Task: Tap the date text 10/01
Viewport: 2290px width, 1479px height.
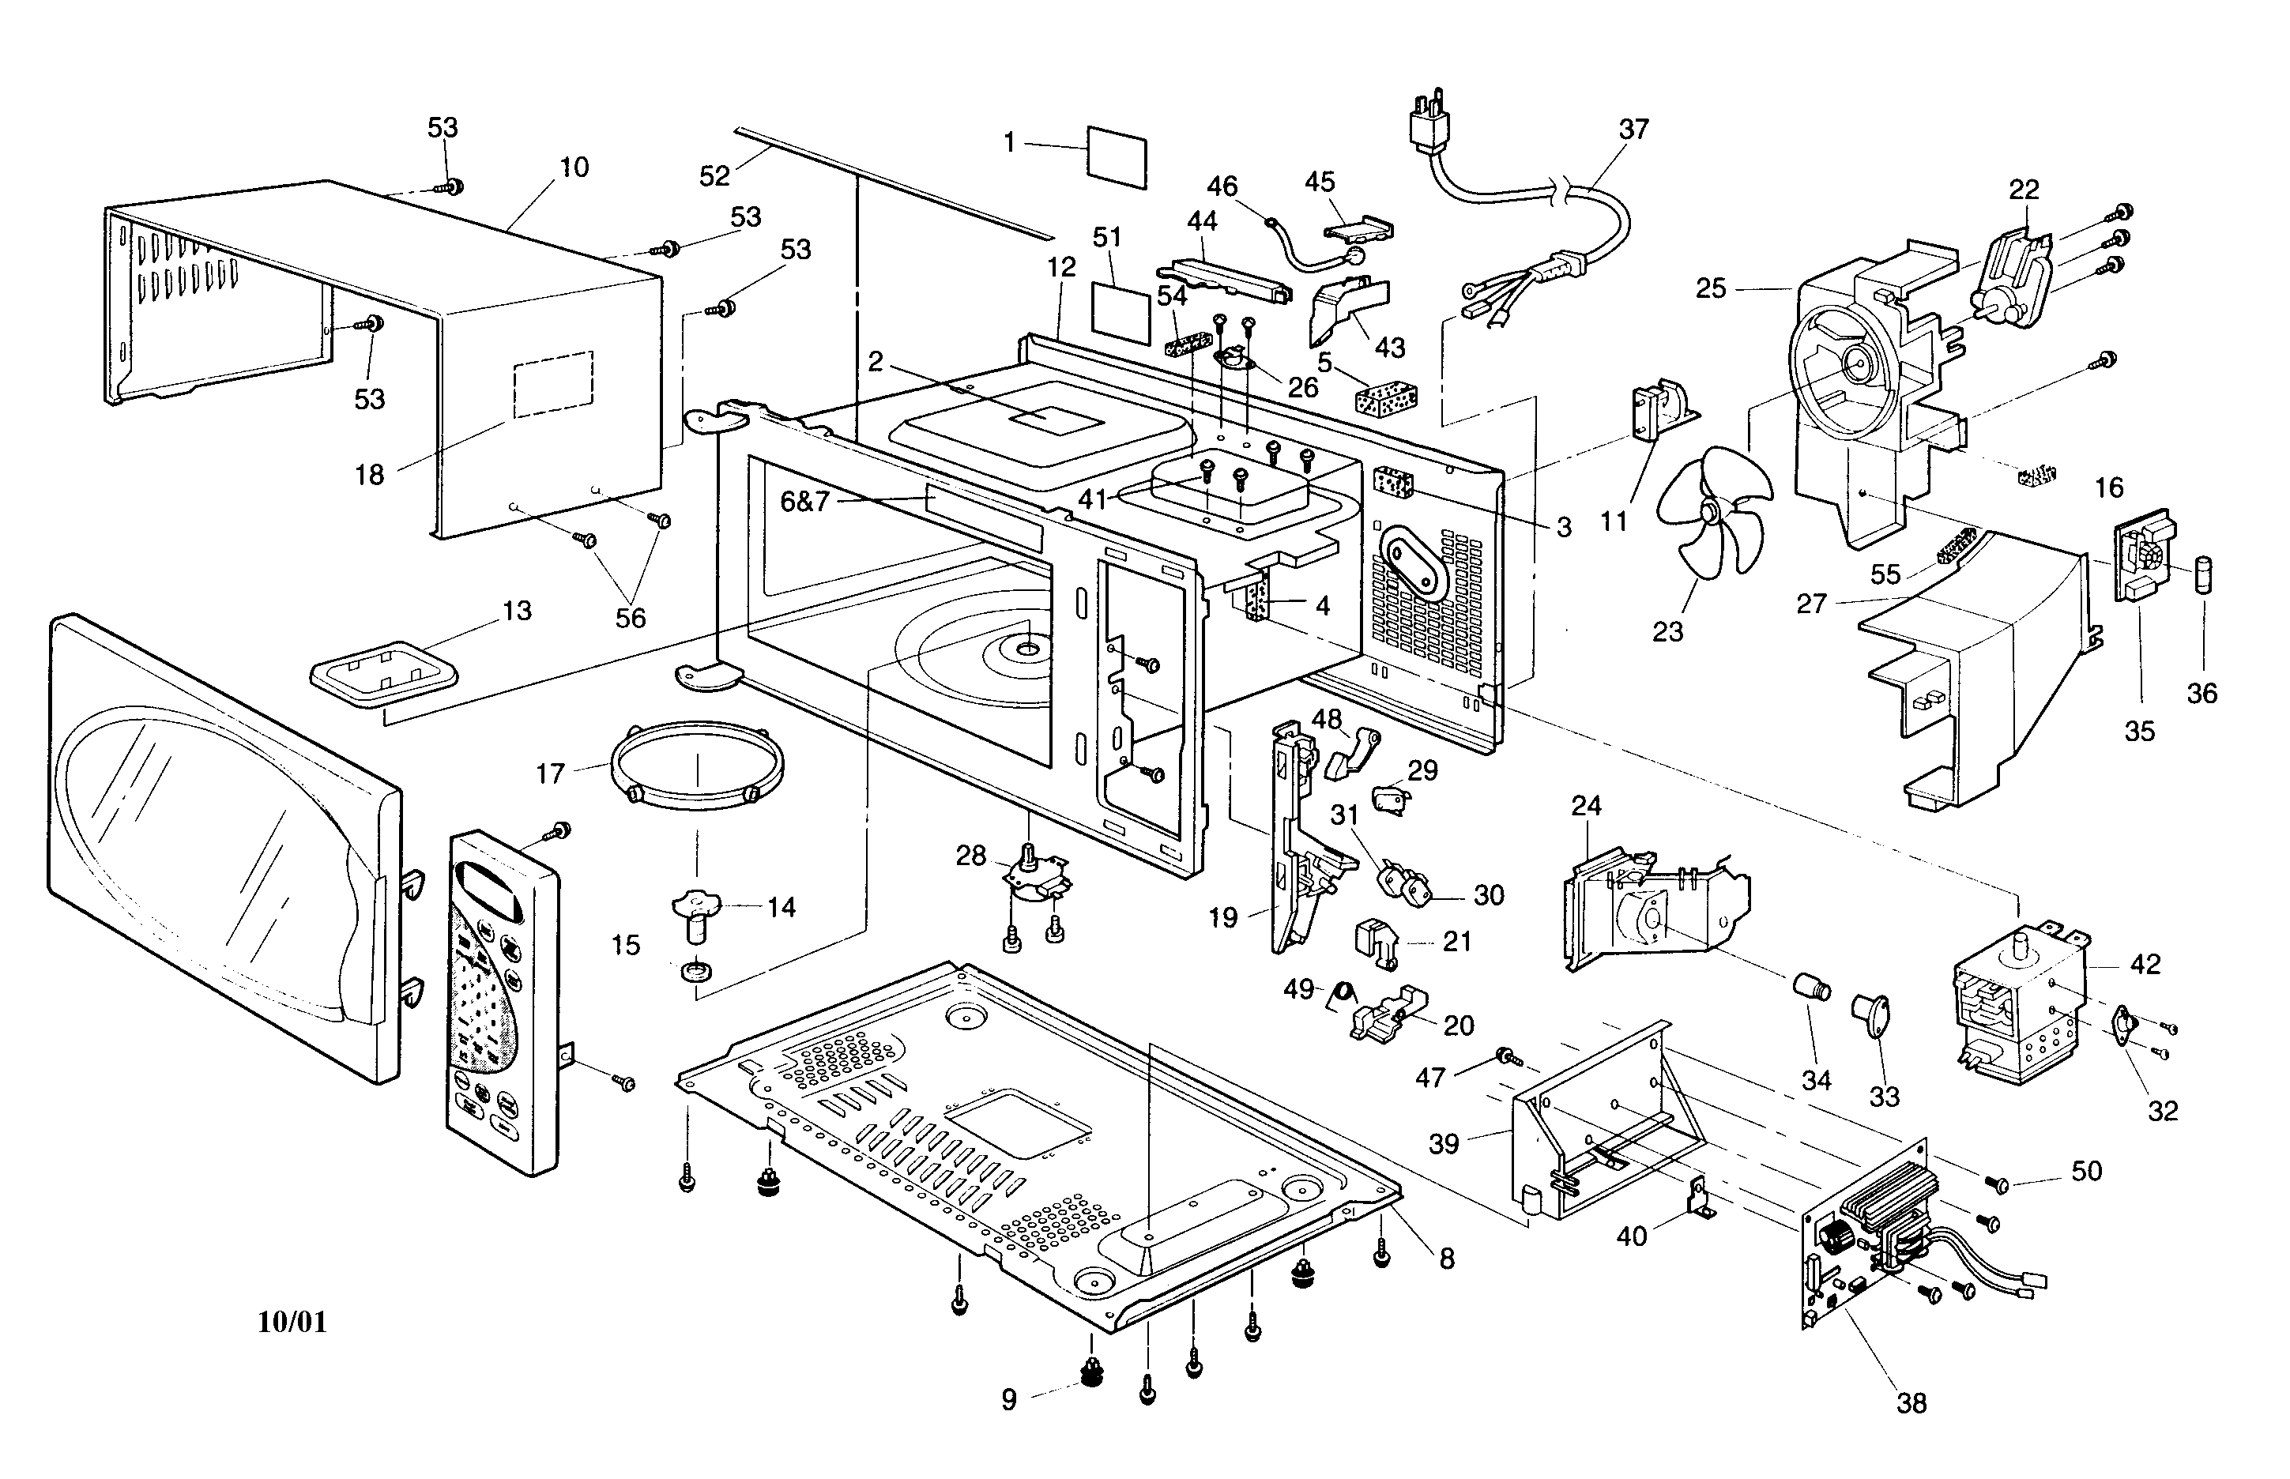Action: coord(292,1323)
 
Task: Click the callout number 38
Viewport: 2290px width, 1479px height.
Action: coord(1911,1403)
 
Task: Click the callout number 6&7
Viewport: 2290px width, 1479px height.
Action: coord(804,502)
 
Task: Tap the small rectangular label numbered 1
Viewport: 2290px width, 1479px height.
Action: coord(1117,156)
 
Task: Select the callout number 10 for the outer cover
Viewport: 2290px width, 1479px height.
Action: coord(574,167)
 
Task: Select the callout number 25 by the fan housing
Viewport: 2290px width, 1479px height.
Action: coord(1710,288)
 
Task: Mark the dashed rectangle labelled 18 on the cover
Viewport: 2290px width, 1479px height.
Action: coord(553,384)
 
